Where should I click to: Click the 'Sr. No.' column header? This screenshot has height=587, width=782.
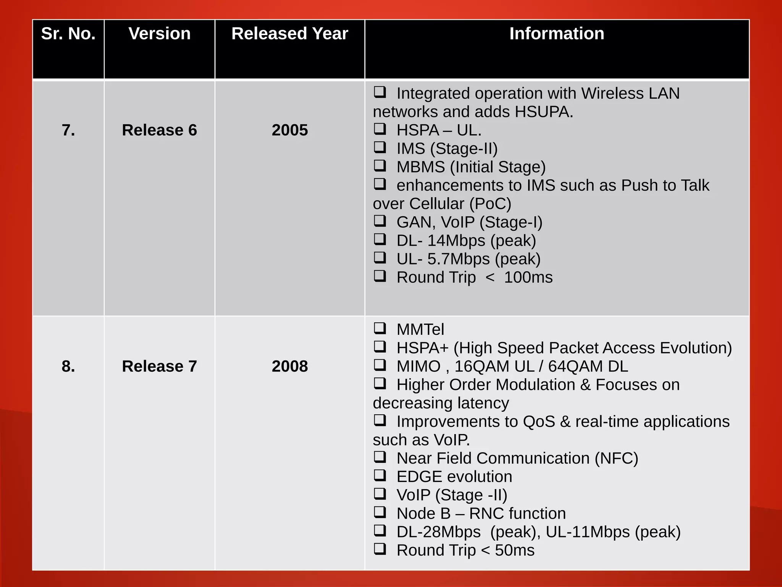pyautogui.click(x=68, y=34)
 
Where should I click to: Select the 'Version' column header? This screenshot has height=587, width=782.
pyautogui.click(x=160, y=34)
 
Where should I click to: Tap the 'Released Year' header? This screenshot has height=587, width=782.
pyautogui.click(x=290, y=34)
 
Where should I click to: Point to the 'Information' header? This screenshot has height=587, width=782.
pyautogui.click(x=557, y=34)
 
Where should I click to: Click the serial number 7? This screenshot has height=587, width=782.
pyautogui.click(x=68, y=130)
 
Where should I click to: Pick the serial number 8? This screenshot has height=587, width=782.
pyautogui.click(x=68, y=366)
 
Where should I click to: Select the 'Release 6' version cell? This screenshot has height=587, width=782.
pyautogui.click(x=160, y=130)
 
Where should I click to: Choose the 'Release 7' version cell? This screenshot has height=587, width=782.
pyautogui.click(x=160, y=366)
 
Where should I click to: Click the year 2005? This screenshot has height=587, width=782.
pyautogui.click(x=290, y=130)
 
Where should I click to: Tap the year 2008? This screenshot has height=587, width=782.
pyautogui.click(x=290, y=366)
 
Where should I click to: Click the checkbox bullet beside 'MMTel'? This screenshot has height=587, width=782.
pyautogui.click(x=380, y=328)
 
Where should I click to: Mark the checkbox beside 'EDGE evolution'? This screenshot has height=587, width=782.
pyautogui.click(x=380, y=475)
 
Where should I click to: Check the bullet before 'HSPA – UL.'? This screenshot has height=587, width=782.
pyautogui.click(x=380, y=129)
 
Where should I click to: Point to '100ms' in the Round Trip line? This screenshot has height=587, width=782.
pyautogui.click(x=528, y=277)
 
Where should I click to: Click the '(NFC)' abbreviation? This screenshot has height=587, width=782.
pyautogui.click(x=616, y=458)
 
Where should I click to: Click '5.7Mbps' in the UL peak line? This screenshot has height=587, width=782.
pyautogui.click(x=458, y=259)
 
